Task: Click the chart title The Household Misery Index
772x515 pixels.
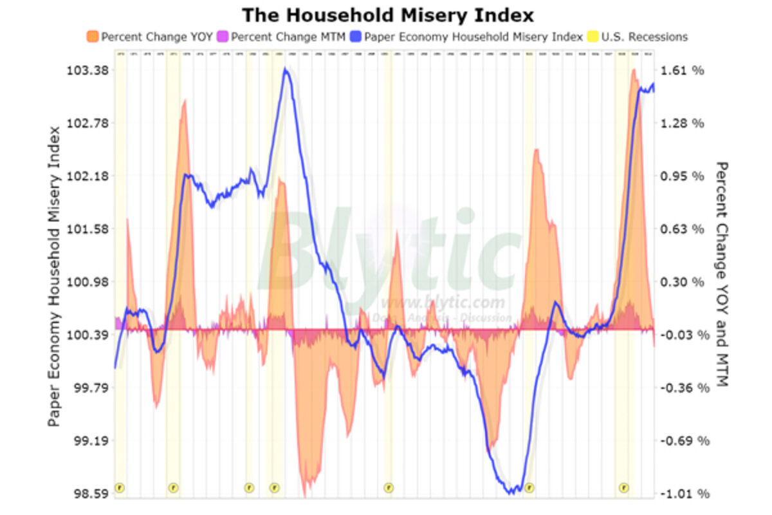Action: point(387,14)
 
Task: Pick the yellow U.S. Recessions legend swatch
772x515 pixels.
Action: point(593,37)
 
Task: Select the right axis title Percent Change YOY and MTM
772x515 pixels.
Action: point(722,274)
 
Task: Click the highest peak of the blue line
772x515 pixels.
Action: point(285,69)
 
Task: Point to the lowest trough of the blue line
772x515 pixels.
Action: point(512,493)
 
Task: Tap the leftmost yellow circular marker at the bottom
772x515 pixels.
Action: point(119,488)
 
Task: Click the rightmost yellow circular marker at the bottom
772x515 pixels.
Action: point(623,488)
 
